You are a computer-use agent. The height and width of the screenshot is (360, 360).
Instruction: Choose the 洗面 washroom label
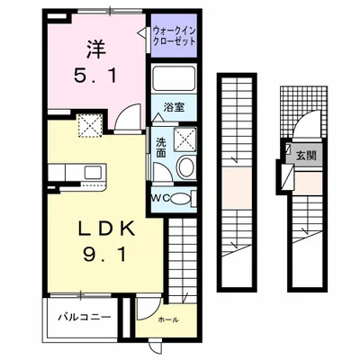(160, 147)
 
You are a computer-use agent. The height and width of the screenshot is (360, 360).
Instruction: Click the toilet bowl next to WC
(180, 198)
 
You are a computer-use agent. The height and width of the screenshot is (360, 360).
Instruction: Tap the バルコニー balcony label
(85, 318)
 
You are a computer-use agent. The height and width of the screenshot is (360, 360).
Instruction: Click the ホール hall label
(167, 319)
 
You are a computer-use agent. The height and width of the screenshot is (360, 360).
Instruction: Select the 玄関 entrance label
(307, 156)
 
